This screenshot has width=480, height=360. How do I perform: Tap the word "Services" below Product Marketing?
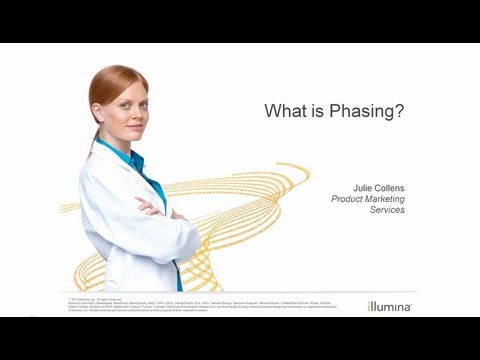(x=385, y=210)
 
